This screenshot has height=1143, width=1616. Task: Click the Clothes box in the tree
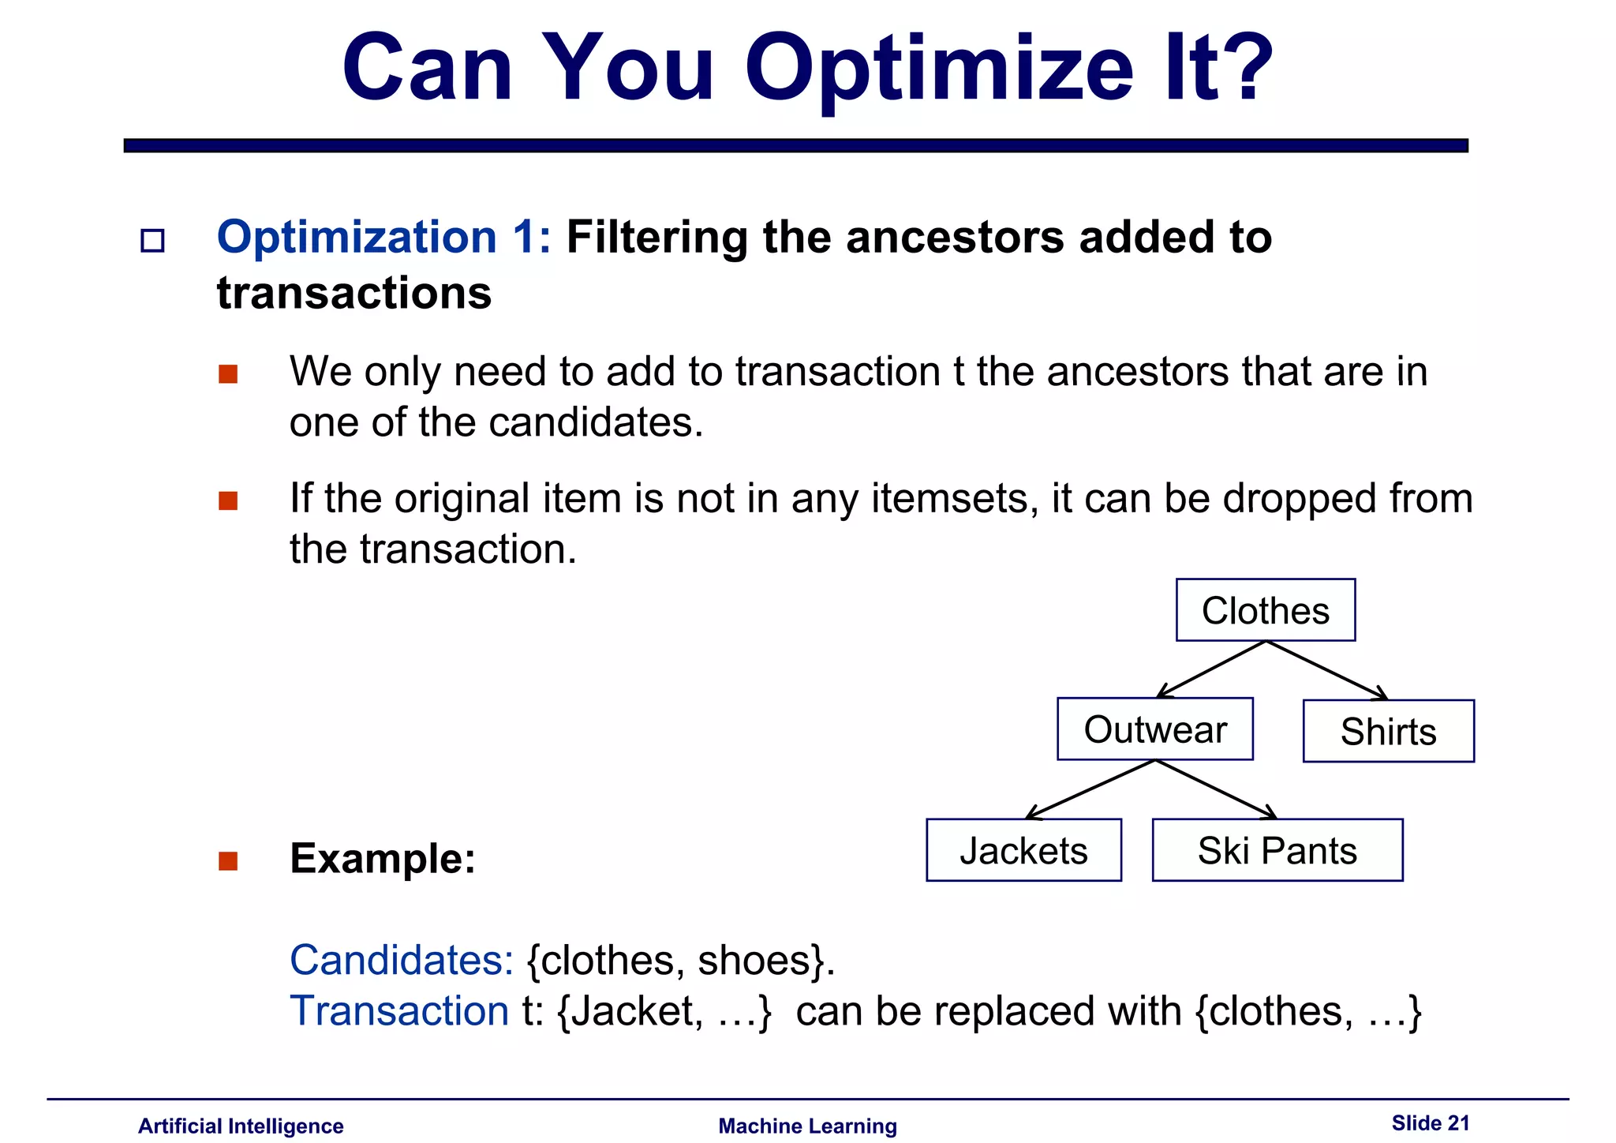1265,610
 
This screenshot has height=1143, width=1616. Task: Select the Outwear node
1154,729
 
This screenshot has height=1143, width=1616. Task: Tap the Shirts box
1388,732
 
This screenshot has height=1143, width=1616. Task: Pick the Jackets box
1023,850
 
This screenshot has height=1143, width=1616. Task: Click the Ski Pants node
1277,850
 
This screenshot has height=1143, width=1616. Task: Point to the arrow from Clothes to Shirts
1326,670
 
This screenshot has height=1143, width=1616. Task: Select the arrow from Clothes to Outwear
1211,669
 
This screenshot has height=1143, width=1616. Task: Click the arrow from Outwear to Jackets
1090,789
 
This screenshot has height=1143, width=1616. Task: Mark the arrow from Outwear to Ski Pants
1215,789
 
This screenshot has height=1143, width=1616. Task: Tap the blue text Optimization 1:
383,237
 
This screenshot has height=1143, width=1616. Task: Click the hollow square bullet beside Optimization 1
152,240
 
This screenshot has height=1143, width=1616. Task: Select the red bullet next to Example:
228,860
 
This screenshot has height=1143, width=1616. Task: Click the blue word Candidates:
402,960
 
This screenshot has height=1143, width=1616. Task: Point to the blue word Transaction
399,1011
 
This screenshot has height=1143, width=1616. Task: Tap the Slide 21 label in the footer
1430,1123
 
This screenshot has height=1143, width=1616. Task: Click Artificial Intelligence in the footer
241,1126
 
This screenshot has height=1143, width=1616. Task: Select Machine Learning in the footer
807,1126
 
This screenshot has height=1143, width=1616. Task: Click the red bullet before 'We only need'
228,373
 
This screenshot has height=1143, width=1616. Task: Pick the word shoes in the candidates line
754,961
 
